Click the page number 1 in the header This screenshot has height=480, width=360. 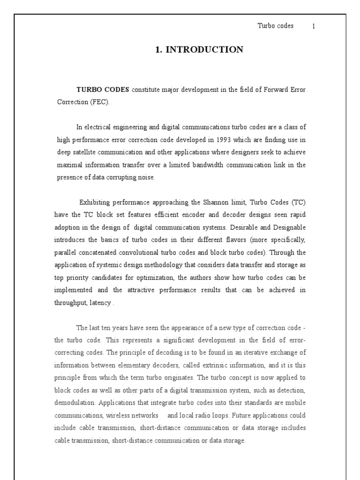(314, 26)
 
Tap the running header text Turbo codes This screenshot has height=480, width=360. (276, 26)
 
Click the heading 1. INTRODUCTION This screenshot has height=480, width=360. (199, 50)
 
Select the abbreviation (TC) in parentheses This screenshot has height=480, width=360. (299, 202)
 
